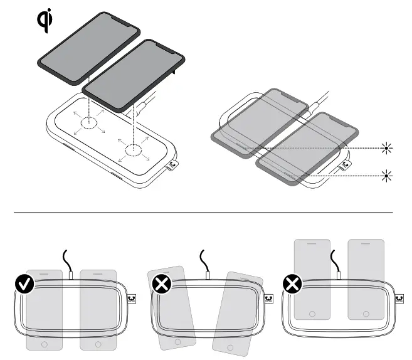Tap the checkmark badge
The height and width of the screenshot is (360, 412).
click(x=24, y=285)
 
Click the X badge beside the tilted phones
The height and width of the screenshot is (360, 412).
click(x=162, y=285)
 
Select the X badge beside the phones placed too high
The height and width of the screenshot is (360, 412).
click(x=292, y=285)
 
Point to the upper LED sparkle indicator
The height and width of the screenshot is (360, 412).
click(x=388, y=148)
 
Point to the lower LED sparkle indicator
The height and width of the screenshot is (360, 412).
click(x=388, y=175)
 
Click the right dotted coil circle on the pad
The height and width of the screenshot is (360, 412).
click(x=132, y=149)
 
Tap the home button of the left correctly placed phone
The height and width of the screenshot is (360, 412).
click(x=44, y=344)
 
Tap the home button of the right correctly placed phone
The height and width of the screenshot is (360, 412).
click(x=98, y=344)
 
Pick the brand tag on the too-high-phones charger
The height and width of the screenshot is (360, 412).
click(x=399, y=299)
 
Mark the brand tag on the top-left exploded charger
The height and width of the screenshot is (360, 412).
click(x=173, y=166)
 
